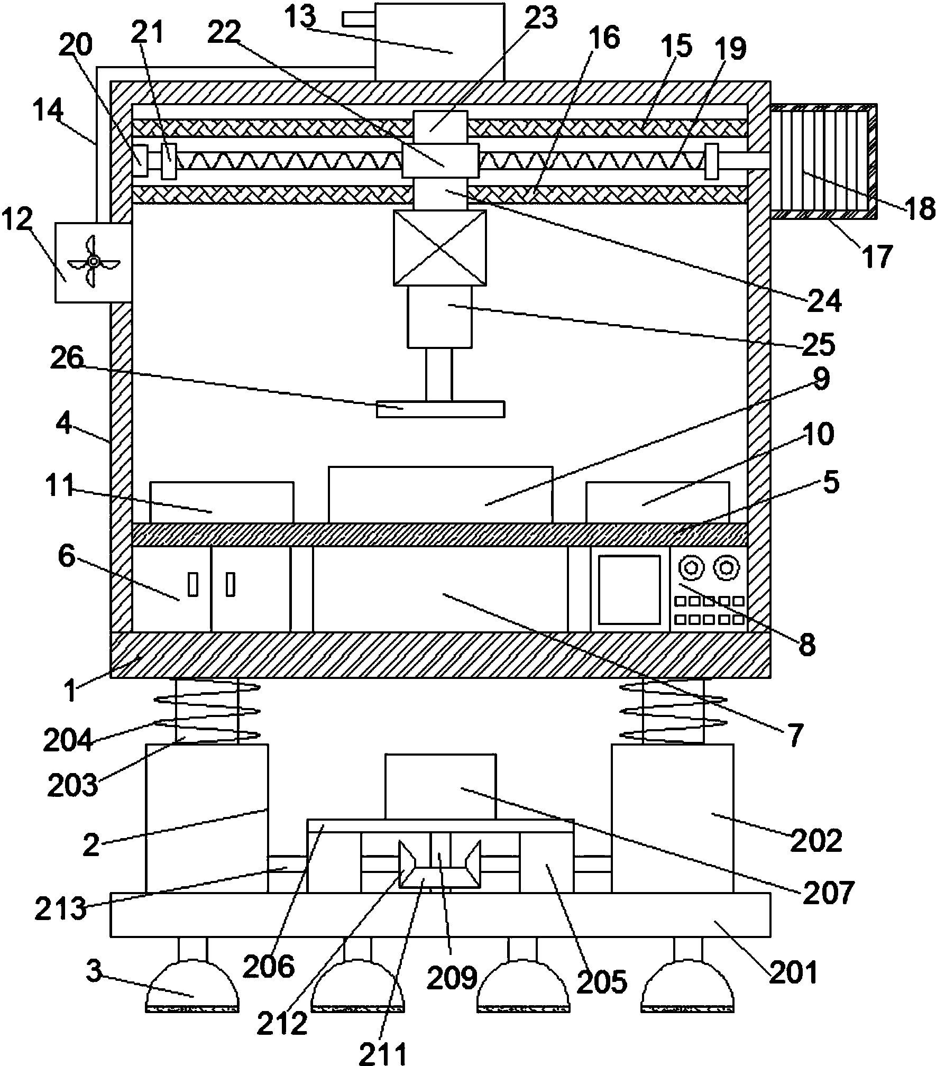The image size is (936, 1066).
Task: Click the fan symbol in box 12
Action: tap(94, 261)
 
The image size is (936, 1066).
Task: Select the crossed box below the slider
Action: tap(439, 248)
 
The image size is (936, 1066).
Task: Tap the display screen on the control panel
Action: tap(630, 590)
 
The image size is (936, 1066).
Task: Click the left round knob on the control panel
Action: tap(691, 568)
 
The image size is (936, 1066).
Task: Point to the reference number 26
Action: tap(67, 360)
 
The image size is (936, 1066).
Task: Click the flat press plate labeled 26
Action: tap(440, 409)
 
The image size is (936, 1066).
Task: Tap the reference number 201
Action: tap(793, 972)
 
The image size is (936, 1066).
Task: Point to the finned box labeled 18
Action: tap(823, 161)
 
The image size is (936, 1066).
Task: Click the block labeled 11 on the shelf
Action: tap(222, 502)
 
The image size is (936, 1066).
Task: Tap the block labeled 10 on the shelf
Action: tap(658, 502)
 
